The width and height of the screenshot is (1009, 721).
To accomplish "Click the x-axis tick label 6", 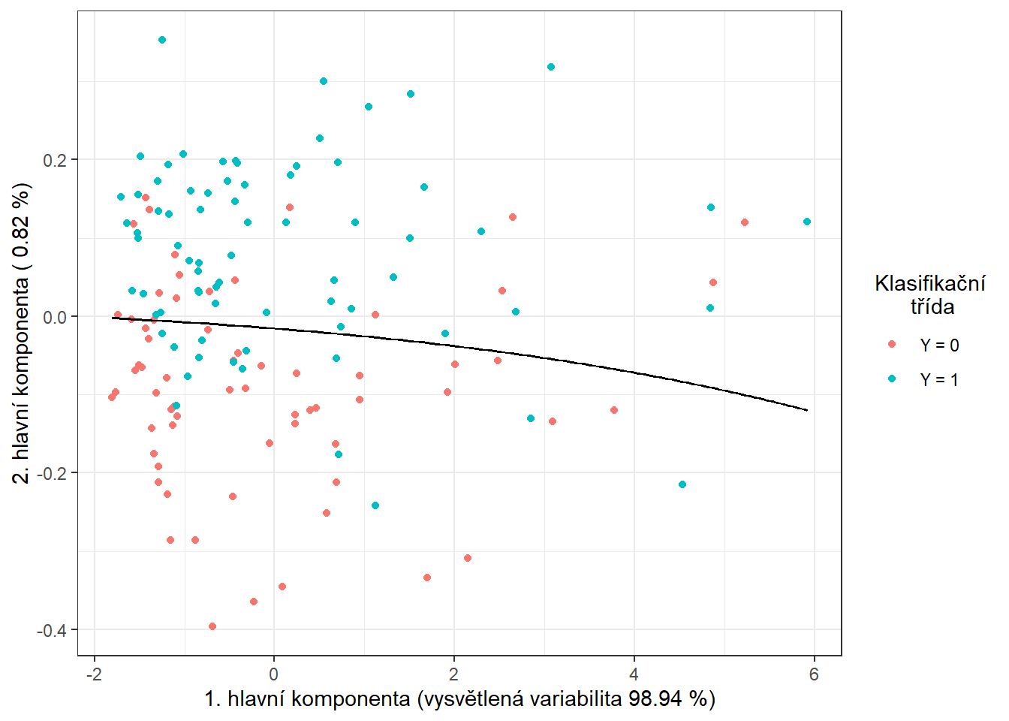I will click(x=814, y=674).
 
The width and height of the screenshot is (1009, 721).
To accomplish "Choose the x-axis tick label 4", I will click(x=634, y=674).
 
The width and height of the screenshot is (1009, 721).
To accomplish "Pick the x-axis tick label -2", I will click(x=94, y=674).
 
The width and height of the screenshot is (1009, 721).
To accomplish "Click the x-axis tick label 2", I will click(x=453, y=674).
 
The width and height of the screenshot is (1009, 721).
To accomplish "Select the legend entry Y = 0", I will click(x=939, y=345).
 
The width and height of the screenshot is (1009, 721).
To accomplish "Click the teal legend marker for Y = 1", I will click(x=892, y=379).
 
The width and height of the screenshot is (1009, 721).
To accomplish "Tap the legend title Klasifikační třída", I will click(x=930, y=294).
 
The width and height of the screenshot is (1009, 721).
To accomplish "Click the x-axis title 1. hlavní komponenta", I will click(x=459, y=699).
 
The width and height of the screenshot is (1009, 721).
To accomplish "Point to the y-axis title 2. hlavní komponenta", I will click(x=23, y=333).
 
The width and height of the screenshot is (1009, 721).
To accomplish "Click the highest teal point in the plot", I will click(x=162, y=40).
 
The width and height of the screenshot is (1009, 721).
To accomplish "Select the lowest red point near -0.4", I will click(x=212, y=626).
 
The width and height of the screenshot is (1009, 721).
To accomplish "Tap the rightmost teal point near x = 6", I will click(x=807, y=222).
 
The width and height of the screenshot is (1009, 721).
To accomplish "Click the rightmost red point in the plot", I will click(x=745, y=222).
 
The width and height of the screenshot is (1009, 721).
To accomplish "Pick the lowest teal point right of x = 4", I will click(x=682, y=484).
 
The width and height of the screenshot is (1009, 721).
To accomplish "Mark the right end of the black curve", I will click(x=807, y=410).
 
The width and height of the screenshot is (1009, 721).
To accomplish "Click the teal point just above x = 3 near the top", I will click(x=551, y=67).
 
